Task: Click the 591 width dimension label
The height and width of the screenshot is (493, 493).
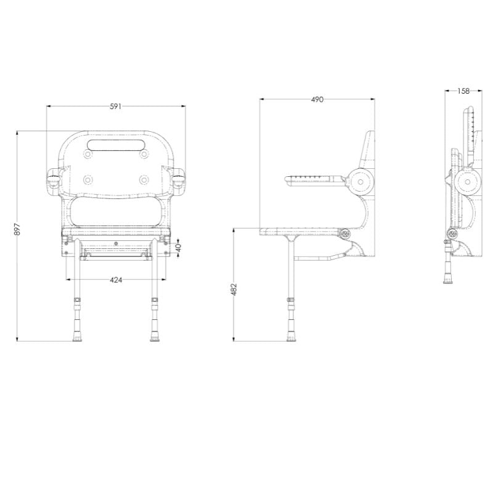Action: pyautogui.click(x=115, y=107)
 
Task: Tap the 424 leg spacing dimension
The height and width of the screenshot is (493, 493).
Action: pyautogui.click(x=116, y=280)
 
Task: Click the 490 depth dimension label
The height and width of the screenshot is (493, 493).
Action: pyautogui.click(x=317, y=99)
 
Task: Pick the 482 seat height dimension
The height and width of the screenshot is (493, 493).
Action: pyautogui.click(x=234, y=290)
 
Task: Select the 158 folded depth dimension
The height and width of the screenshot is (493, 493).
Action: pyautogui.click(x=463, y=91)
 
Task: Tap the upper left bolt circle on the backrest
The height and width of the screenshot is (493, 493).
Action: pyautogui.click(x=88, y=155)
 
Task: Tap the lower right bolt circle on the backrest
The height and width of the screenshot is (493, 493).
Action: pyautogui.click(x=144, y=179)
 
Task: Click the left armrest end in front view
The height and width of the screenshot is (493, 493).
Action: pyautogui.click(x=53, y=181)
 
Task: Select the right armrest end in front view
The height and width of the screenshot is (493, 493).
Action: pyautogui.click(x=179, y=181)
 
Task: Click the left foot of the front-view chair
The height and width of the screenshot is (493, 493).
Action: pyautogui.click(x=78, y=336)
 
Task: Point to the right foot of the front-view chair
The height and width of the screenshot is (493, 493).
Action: pyautogui.click(x=154, y=336)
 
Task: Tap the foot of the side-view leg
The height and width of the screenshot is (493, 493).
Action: pyautogui.click(x=290, y=336)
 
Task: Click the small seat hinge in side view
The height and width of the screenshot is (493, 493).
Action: pyautogui.click(x=345, y=234)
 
